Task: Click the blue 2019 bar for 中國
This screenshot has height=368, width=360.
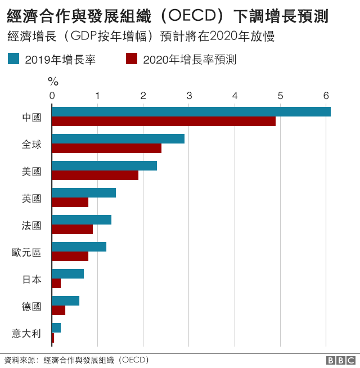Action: point(191,111)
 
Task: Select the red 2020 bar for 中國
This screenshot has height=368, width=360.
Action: point(164,121)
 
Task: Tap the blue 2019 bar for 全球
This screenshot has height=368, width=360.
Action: point(118,138)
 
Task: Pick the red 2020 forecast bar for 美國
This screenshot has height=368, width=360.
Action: point(95,175)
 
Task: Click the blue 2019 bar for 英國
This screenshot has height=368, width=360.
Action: point(84,192)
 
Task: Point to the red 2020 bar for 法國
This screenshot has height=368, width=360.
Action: point(72,229)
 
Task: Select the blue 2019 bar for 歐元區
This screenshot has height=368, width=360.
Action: point(79,246)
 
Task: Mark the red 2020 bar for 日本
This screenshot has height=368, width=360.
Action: point(56,283)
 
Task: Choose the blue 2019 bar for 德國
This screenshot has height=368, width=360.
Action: point(65,300)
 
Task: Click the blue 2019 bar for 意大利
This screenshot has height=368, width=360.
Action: point(56,327)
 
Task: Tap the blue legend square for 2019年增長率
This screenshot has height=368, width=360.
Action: point(14,59)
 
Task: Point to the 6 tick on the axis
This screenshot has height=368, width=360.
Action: point(326,96)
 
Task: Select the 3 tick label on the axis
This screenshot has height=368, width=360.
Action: point(189,96)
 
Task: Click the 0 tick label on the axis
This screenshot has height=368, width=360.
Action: point(52,96)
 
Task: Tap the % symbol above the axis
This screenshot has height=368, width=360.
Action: point(53,82)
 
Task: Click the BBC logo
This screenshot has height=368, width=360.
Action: point(340,360)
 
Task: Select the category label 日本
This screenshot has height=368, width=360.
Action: point(31,279)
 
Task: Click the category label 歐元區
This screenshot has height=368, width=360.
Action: point(26,252)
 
